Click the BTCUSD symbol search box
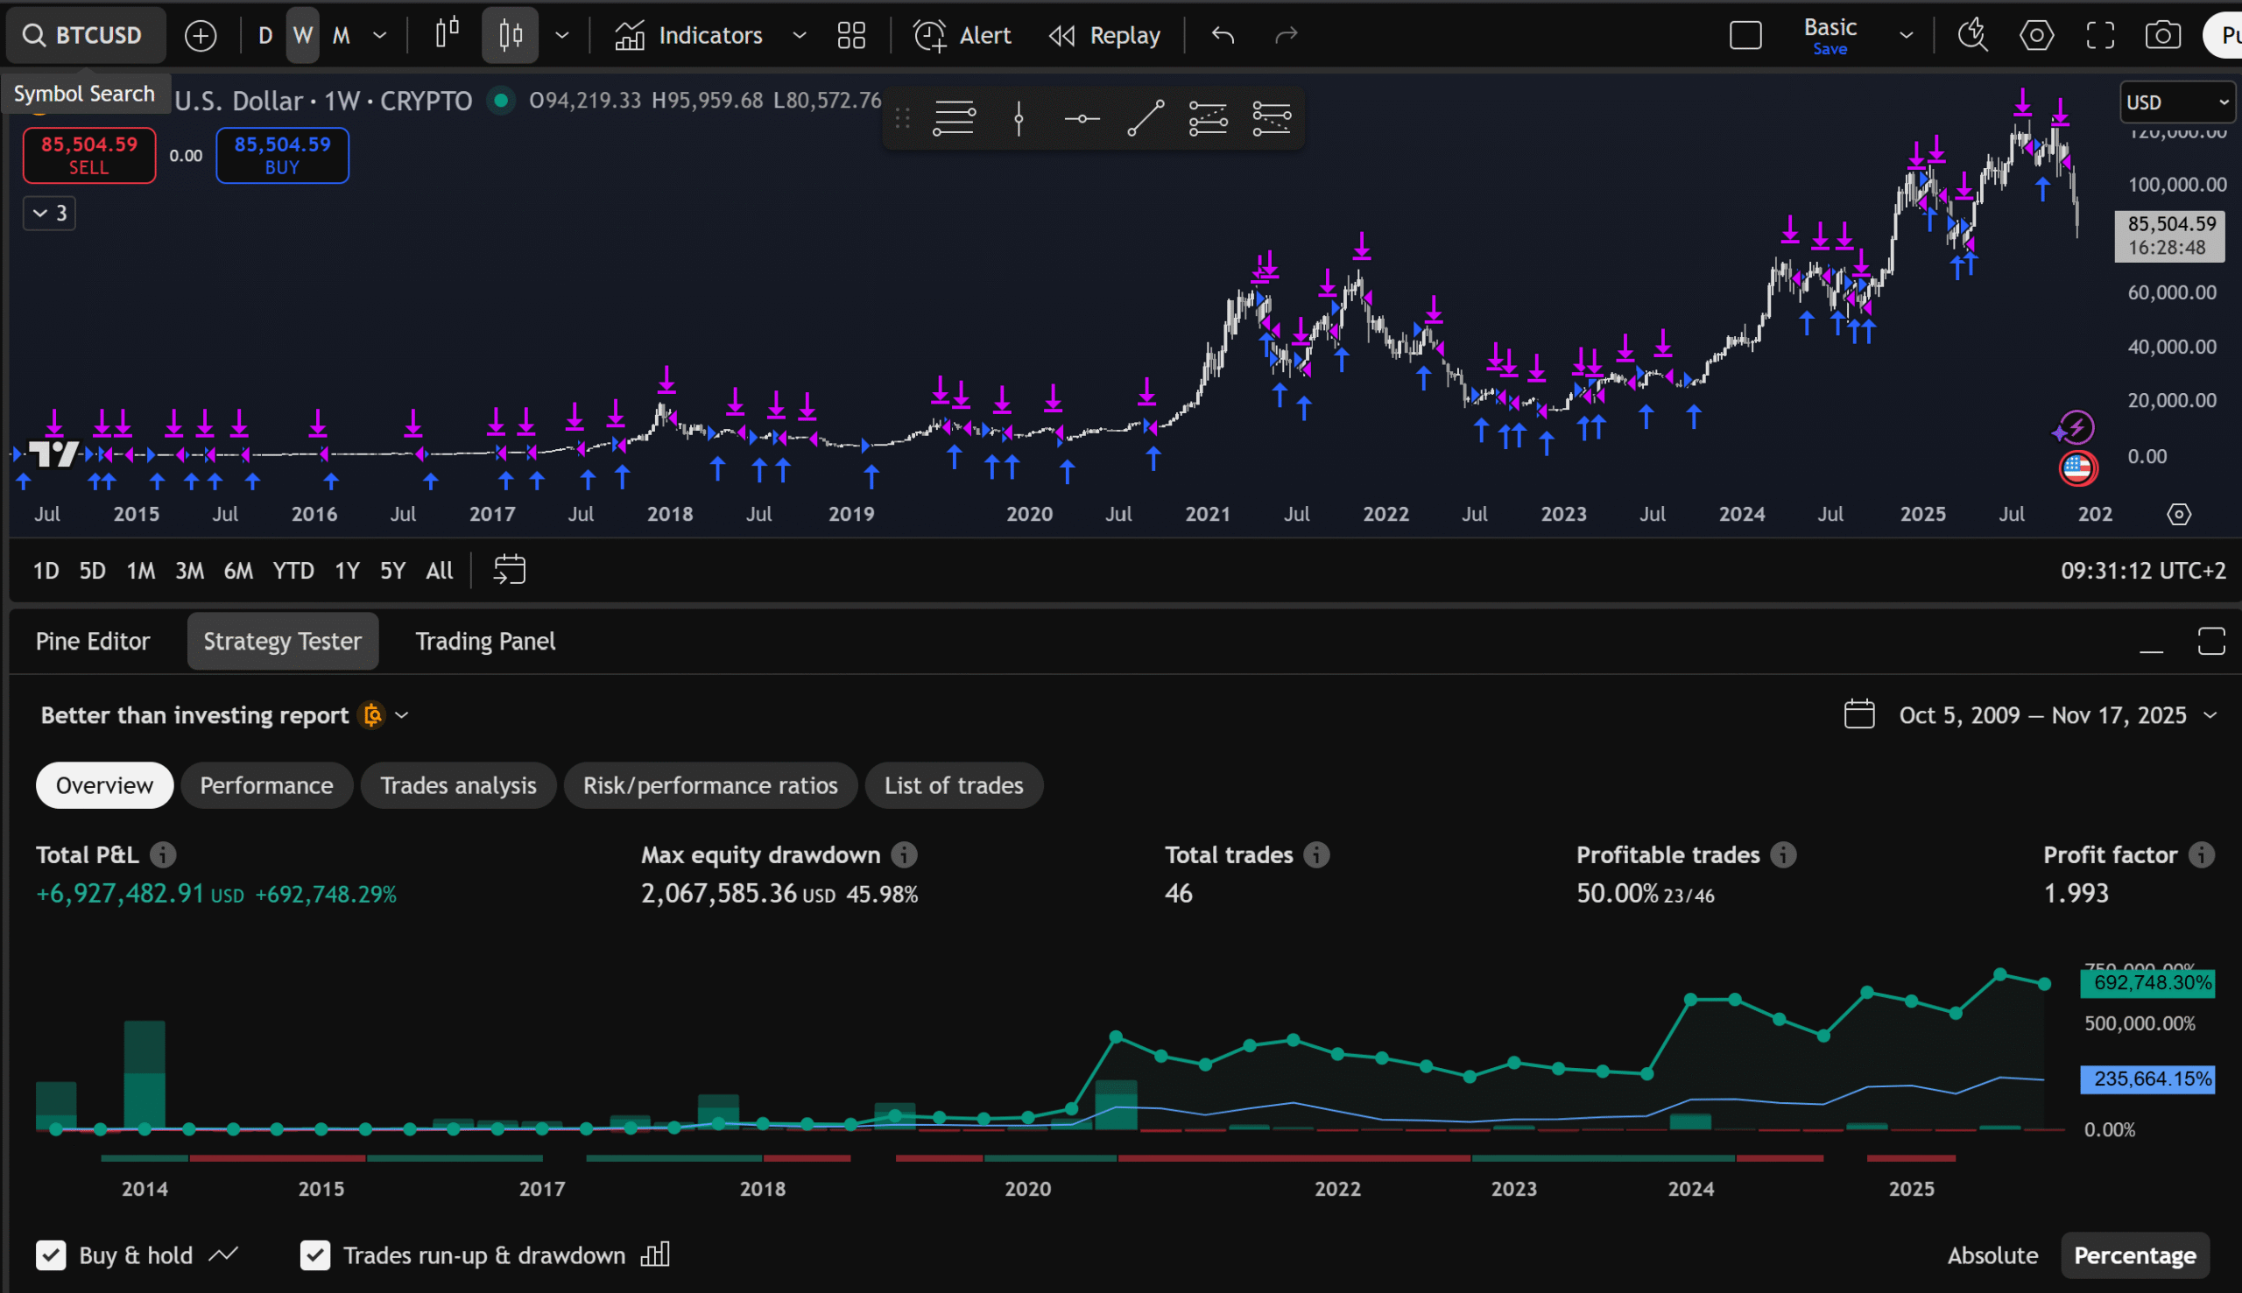pos(85,36)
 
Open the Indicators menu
pos(689,36)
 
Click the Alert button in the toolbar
pos(962,36)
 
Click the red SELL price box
pos(88,156)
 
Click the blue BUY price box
pos(282,156)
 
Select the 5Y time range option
pos(391,570)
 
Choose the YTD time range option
pos(293,570)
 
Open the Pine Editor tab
pos(92,641)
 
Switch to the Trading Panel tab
pos(485,641)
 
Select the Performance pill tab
pos(266,785)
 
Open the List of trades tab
pos(953,785)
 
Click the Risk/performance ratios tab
pos(709,785)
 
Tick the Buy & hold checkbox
pos(51,1254)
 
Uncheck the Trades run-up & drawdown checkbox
pos(315,1254)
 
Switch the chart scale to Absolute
pos(1992,1254)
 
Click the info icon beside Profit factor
pos(2201,854)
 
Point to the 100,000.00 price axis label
pos(2176,185)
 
